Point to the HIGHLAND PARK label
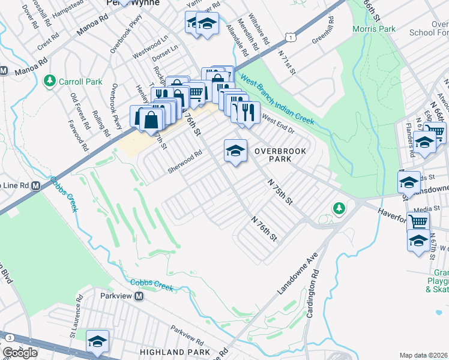point(175,352)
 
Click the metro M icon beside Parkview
point(139,296)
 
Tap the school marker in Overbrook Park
point(235,151)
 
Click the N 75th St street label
point(279,191)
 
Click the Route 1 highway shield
point(291,37)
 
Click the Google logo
point(20,353)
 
